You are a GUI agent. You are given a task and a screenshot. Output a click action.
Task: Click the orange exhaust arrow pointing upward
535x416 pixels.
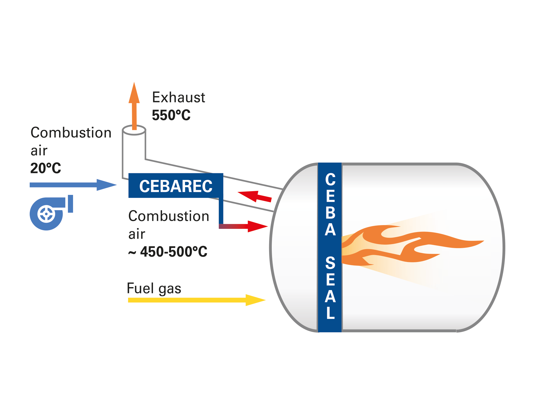(x=134, y=106)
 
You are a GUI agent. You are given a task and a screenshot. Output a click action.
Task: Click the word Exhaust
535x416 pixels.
(x=178, y=97)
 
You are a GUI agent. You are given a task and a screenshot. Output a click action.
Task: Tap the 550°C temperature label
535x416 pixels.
(x=171, y=115)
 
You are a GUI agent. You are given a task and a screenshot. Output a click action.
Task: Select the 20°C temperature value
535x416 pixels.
(x=46, y=168)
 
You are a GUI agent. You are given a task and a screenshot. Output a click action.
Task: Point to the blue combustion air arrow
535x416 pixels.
(x=73, y=185)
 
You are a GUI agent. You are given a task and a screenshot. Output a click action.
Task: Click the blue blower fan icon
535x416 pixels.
(x=51, y=213)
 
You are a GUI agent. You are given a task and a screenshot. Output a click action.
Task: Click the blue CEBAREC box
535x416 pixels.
(x=176, y=186)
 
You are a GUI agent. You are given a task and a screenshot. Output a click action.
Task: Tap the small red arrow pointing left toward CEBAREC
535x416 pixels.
(x=254, y=197)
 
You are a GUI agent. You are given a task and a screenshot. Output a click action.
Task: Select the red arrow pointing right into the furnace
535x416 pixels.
(x=243, y=226)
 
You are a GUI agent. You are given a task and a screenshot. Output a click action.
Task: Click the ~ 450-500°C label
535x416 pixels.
(x=168, y=252)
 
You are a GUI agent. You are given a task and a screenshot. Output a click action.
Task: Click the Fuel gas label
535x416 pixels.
(x=154, y=288)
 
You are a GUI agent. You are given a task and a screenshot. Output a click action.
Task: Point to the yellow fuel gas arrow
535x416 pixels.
(x=197, y=300)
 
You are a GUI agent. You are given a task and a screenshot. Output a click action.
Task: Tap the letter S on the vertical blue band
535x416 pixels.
(x=330, y=263)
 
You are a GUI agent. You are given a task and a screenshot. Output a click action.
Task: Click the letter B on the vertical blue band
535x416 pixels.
(x=331, y=213)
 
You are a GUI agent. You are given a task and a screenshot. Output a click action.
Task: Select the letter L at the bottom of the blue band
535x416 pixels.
(x=331, y=313)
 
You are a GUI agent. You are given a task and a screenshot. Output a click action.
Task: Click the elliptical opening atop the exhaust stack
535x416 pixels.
(x=134, y=130)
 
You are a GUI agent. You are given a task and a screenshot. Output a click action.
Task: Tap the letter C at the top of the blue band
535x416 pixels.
(x=330, y=179)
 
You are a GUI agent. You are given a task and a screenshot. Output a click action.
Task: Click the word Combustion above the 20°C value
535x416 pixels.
(x=71, y=133)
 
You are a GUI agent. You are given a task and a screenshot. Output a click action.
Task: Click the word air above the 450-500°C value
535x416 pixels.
(x=137, y=234)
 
